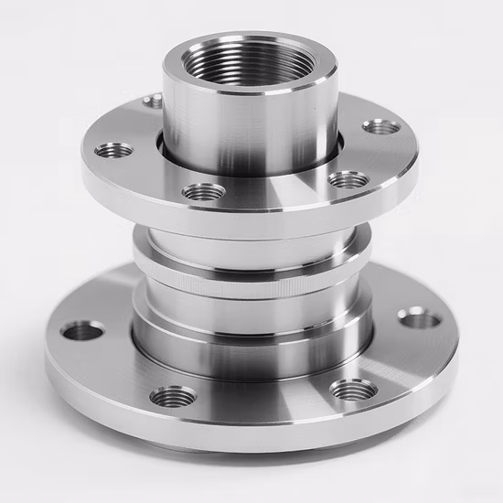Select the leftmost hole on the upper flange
[113, 150]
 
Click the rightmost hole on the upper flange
[380, 127]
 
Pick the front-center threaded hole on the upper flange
[204, 192]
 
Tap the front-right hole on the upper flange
[348, 179]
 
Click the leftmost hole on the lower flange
[82, 330]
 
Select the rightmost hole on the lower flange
[419, 317]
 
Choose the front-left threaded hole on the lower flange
[173, 397]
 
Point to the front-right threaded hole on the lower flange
[353, 391]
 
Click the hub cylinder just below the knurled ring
[251, 316]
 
